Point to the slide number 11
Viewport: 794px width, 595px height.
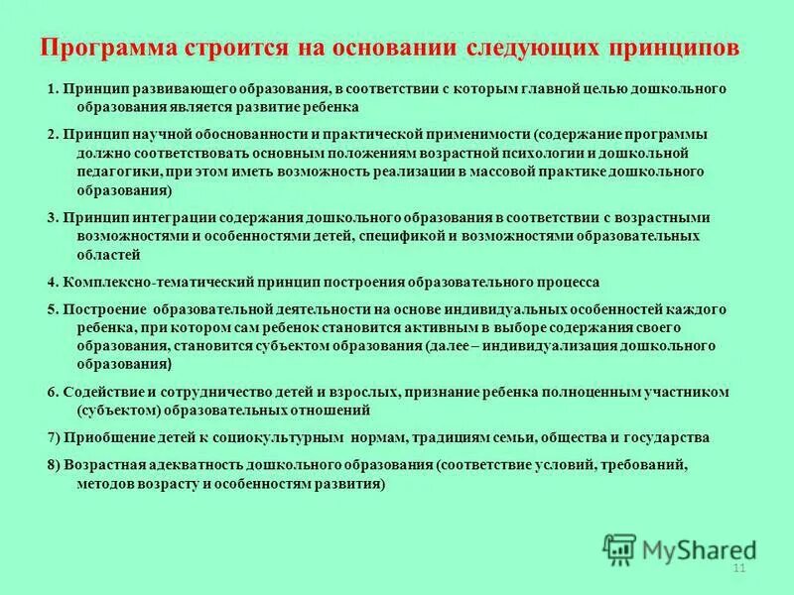(737, 567)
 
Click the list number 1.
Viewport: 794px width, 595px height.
(52, 89)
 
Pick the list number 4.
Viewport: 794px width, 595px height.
(52, 282)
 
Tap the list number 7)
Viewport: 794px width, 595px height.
(54, 437)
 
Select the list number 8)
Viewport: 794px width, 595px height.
(54, 463)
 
